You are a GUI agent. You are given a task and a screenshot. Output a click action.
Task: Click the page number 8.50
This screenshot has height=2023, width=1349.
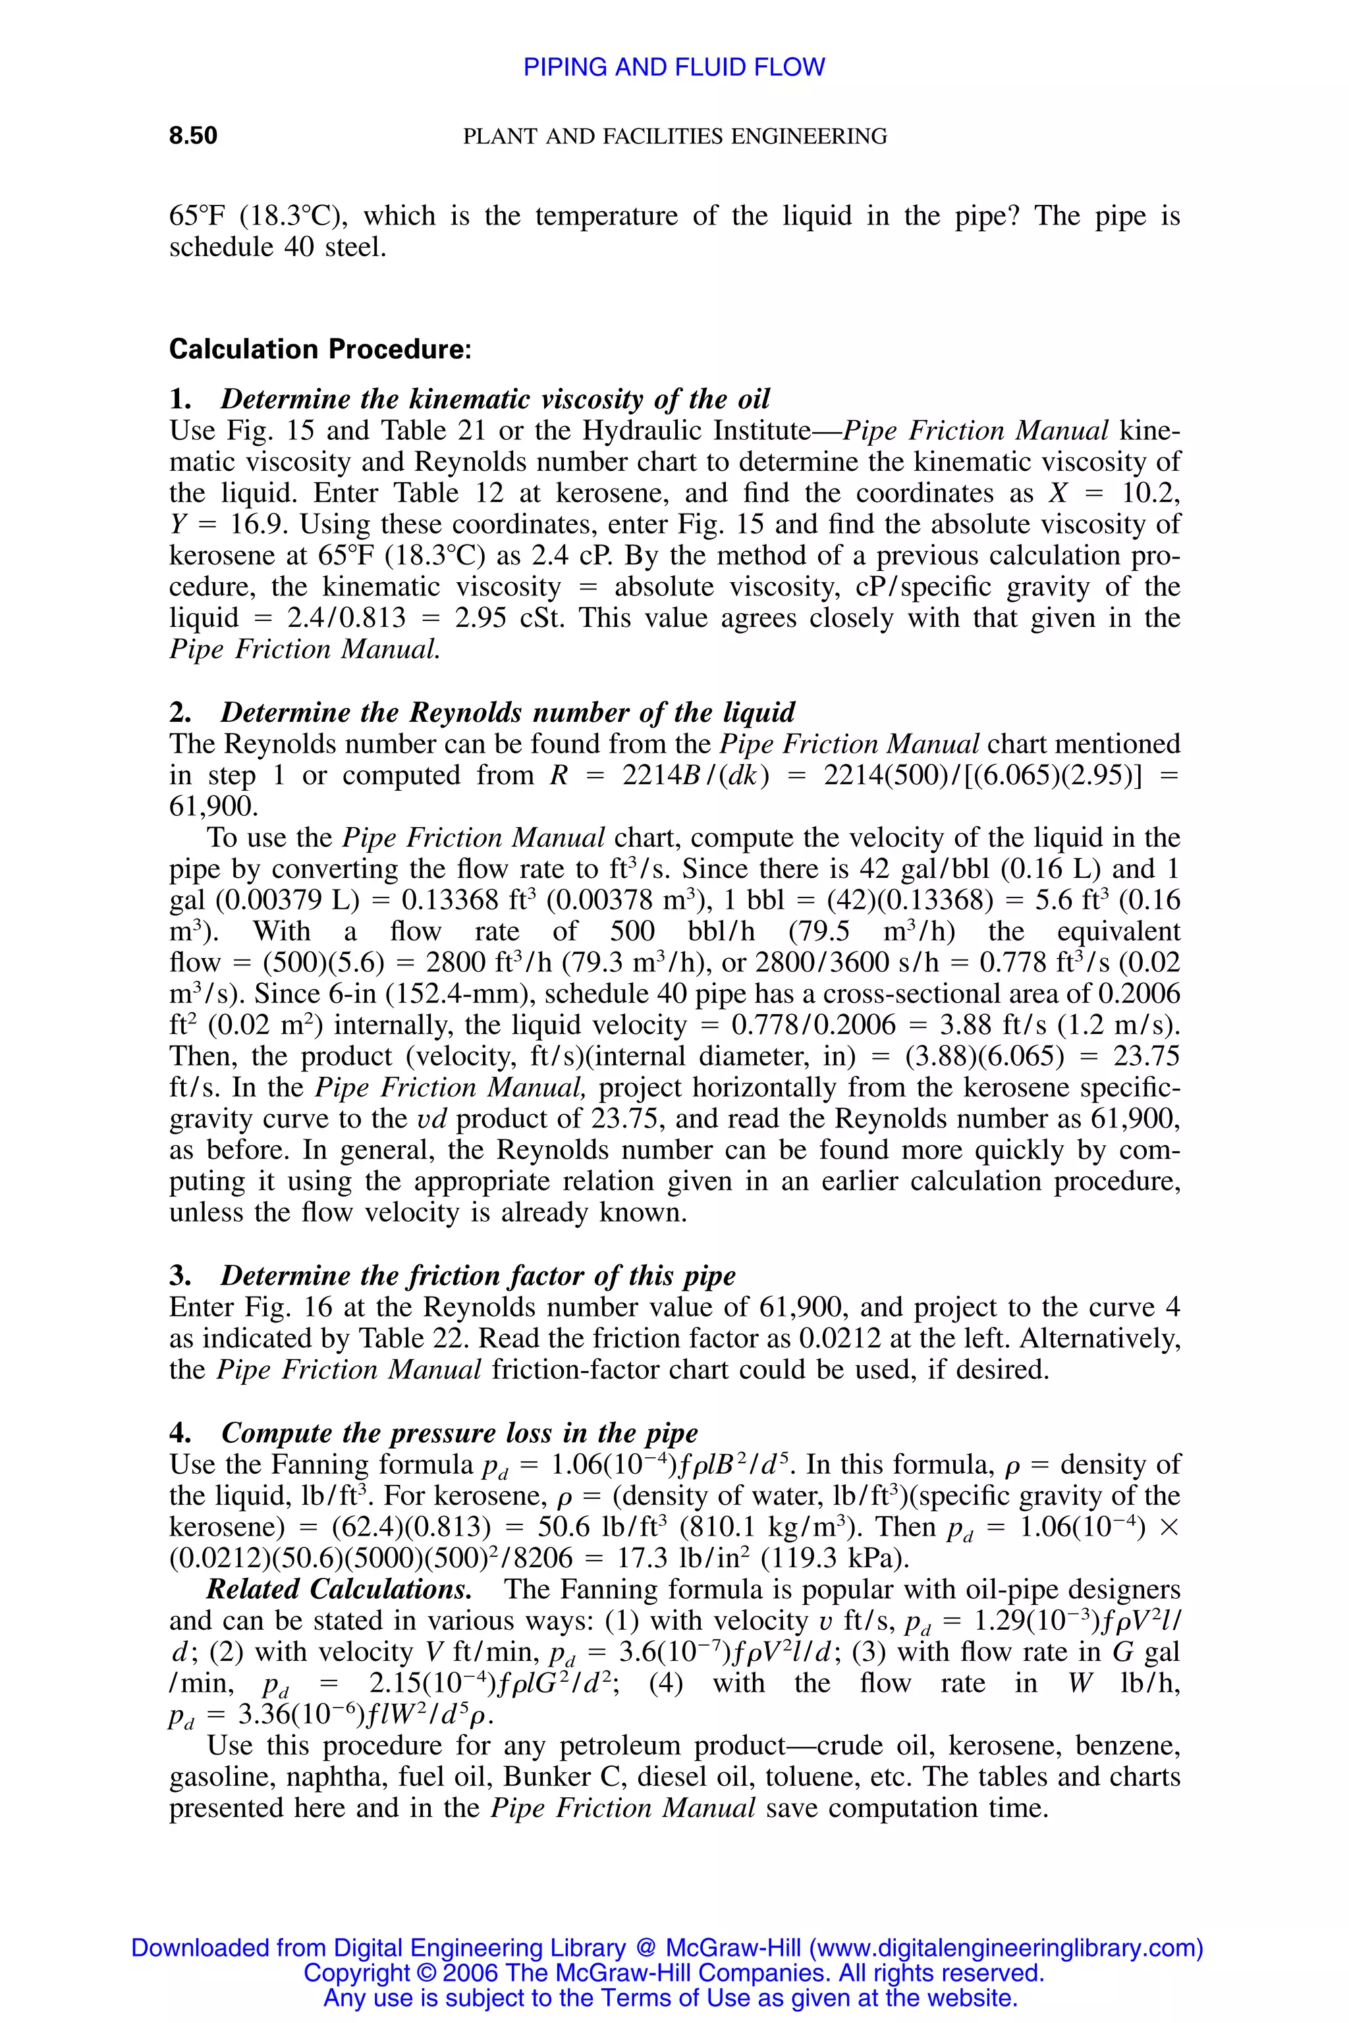[x=193, y=136]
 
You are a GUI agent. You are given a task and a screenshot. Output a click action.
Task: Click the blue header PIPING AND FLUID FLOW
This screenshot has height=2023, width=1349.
[x=674, y=67]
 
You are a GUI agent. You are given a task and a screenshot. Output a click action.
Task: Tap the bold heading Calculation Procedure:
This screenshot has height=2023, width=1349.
[x=320, y=349]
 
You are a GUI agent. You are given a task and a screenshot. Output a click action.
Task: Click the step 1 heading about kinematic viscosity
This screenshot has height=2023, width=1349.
[x=495, y=399]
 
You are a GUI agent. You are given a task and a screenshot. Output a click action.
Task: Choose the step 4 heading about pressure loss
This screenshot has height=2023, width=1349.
[x=458, y=1432]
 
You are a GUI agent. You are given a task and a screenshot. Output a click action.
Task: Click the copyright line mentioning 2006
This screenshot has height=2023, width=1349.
[x=674, y=1972]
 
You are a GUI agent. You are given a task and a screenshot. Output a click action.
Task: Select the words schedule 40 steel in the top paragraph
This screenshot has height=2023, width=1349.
[x=277, y=248]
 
